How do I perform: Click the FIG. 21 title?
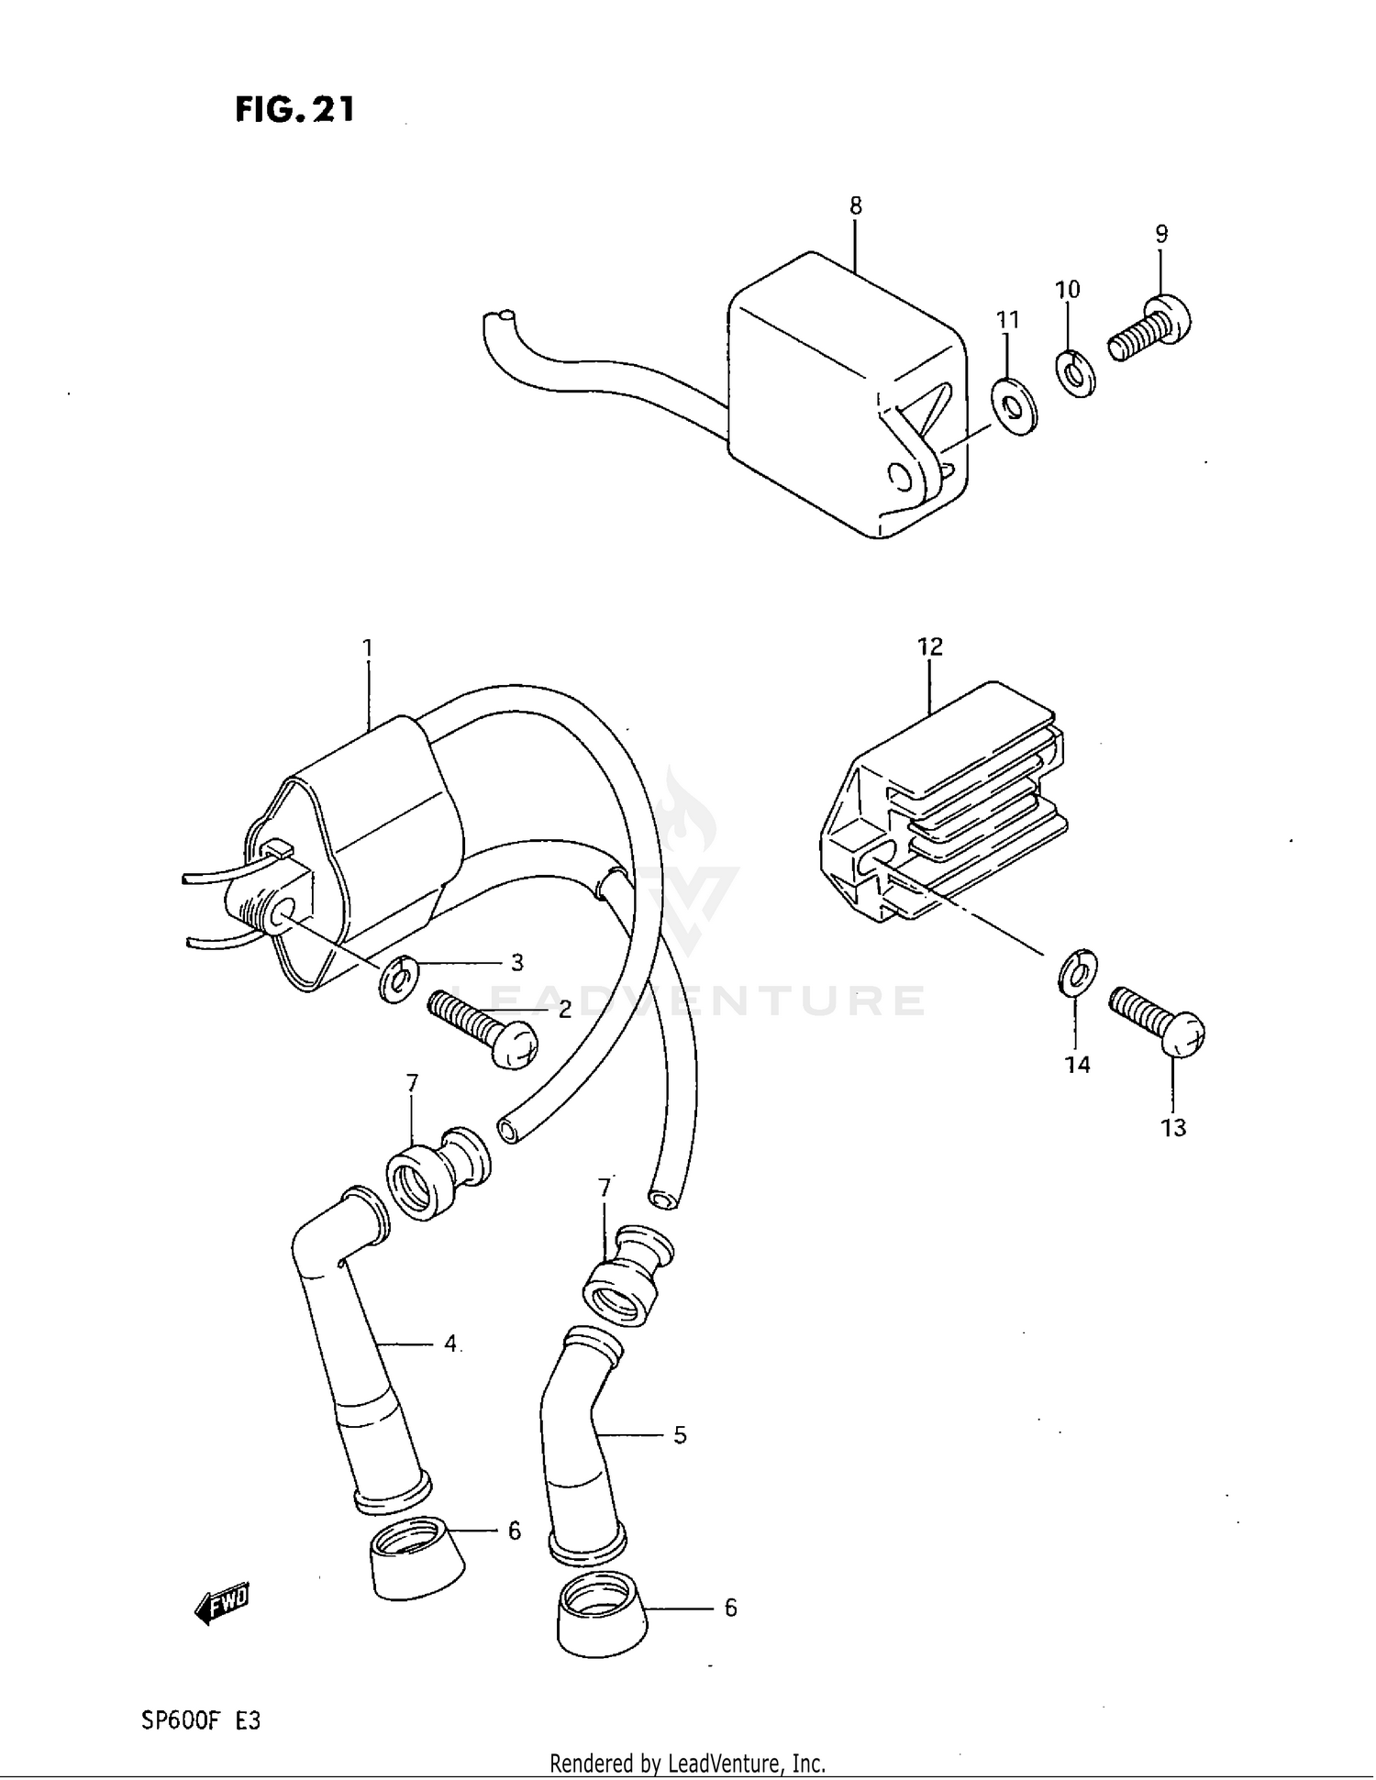click(294, 110)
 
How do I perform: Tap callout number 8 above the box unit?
click(855, 206)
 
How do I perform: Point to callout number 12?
click(929, 647)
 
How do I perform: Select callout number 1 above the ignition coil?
click(367, 649)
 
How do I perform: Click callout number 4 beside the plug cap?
click(450, 1344)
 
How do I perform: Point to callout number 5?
click(680, 1435)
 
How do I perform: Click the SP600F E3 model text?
click(201, 1720)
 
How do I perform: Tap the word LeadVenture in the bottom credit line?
click(726, 1763)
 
